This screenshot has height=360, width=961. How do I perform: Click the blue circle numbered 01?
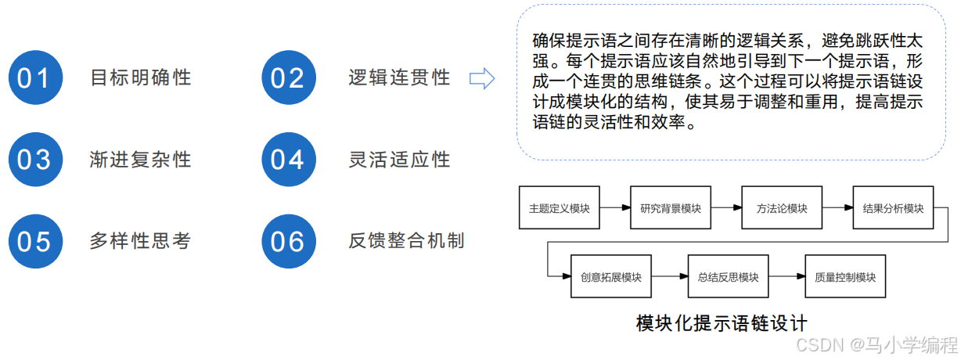pos(34,78)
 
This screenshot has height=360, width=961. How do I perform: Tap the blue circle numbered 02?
pos(287,78)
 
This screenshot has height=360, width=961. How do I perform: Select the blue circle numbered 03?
pos(34,160)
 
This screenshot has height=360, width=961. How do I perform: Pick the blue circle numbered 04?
pos(287,160)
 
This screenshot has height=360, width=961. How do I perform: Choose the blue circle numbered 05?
pos(34,241)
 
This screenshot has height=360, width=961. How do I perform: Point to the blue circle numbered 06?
pos(287,241)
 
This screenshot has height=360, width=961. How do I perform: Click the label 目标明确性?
pos(141,77)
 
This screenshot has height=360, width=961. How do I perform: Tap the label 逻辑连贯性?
pos(399,77)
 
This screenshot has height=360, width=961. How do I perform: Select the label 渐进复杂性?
pos(141,160)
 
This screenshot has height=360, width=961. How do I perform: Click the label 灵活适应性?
pos(399,160)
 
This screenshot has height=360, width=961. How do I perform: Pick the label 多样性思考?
pos(141,241)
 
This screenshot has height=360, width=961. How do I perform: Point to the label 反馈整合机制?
pos(407,241)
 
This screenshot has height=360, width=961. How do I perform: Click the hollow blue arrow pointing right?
pos(481,77)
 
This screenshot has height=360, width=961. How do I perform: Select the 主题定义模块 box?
pos(559,207)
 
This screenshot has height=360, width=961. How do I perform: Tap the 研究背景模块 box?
pos(671,207)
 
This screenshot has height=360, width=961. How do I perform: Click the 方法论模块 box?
pos(782,207)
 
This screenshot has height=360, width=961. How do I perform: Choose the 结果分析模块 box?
pos(893,207)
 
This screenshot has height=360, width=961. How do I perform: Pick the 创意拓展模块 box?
pos(611,276)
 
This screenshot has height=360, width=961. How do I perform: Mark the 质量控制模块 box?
pos(845,276)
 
